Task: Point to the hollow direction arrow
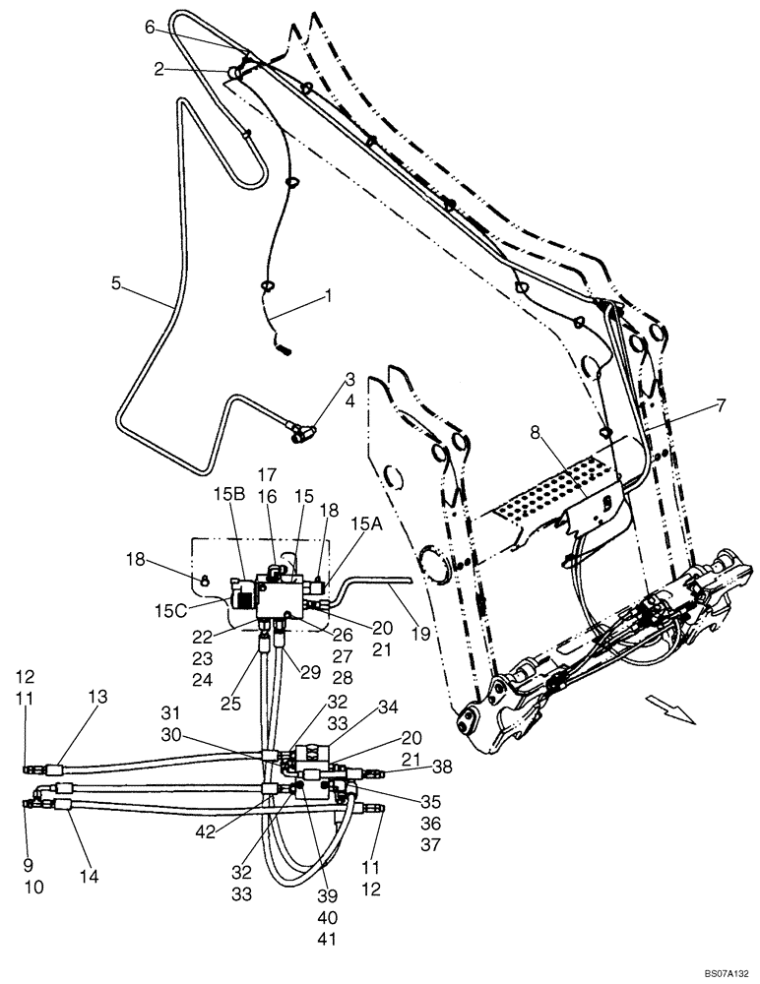(669, 706)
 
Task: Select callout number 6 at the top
(150, 29)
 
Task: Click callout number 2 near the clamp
(158, 68)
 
